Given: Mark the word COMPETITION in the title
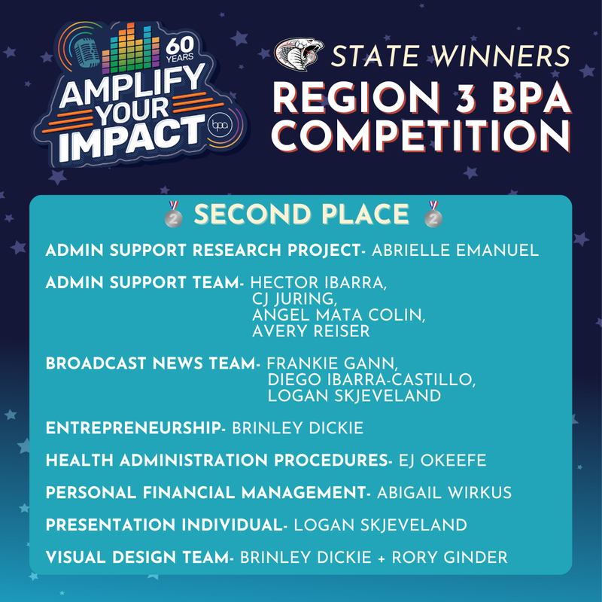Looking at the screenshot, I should click(x=420, y=136).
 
